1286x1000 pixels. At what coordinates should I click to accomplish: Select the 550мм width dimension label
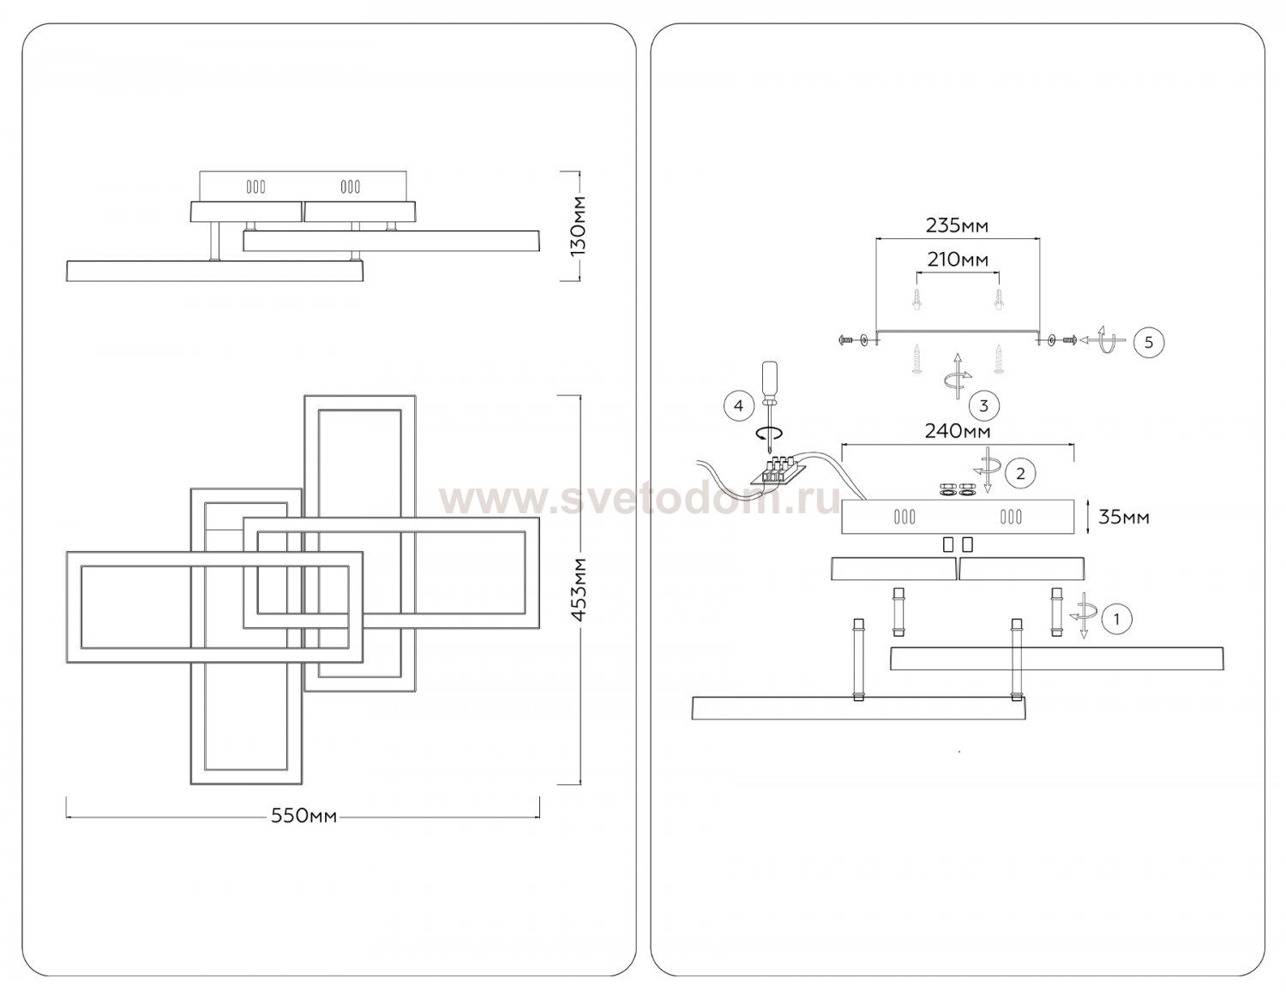(x=303, y=817)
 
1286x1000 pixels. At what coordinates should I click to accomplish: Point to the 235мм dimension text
(x=957, y=226)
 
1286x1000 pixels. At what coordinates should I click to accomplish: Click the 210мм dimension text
(x=957, y=260)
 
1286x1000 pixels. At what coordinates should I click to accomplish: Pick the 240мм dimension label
(x=957, y=432)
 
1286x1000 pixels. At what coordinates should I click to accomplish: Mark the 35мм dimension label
(x=1123, y=517)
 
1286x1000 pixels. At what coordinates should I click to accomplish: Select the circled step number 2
(x=1019, y=472)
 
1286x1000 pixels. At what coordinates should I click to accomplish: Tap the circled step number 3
(x=983, y=404)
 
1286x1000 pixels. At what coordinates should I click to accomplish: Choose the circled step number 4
(x=739, y=404)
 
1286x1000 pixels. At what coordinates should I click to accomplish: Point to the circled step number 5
(x=1149, y=342)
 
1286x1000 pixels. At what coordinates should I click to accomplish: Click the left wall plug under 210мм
(x=917, y=301)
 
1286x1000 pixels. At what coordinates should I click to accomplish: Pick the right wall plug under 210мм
(x=998, y=301)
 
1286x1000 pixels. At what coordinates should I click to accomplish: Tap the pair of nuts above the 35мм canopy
(x=958, y=491)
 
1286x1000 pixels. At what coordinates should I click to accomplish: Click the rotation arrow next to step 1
(x=1082, y=615)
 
